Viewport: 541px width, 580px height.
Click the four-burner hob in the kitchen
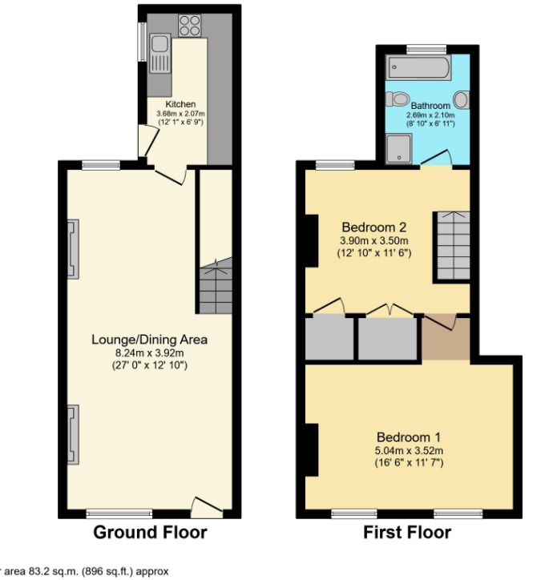pyautogui.click(x=190, y=26)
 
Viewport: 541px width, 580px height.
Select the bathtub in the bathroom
pyautogui.click(x=418, y=68)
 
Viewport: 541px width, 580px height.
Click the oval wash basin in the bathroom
pyautogui.click(x=462, y=101)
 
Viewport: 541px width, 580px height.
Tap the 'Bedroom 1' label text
pyautogui.click(x=409, y=437)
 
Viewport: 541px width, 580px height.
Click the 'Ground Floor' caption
pyautogui.click(x=150, y=533)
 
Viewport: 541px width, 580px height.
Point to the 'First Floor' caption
pyautogui.click(x=407, y=533)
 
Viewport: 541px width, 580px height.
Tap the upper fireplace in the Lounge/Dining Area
pyautogui.click(x=73, y=249)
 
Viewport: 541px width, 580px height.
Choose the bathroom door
pyautogui.click(x=438, y=157)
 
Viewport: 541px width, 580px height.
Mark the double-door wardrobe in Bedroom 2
pyautogui.click(x=389, y=337)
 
